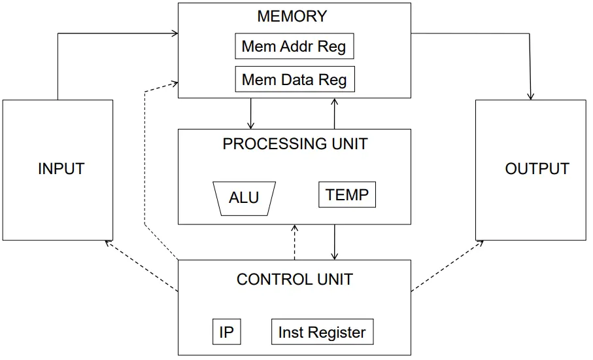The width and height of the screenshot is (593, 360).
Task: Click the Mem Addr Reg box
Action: (294, 46)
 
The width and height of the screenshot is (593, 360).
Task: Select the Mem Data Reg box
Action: (295, 79)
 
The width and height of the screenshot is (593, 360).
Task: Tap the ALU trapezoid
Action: (245, 199)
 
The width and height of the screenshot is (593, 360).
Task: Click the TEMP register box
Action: (347, 194)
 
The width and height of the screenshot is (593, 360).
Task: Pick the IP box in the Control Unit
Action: (226, 332)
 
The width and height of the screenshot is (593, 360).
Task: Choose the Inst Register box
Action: (322, 332)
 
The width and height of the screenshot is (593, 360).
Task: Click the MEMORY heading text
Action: (292, 16)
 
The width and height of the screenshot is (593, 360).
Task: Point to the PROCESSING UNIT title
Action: (295, 144)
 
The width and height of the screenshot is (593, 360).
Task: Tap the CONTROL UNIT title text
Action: (295, 279)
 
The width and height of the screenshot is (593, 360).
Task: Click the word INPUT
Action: (61, 168)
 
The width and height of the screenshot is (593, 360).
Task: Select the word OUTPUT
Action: (537, 168)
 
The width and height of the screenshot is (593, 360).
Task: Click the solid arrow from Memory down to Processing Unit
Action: (250, 114)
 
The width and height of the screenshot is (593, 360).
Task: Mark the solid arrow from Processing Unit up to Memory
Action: (334, 114)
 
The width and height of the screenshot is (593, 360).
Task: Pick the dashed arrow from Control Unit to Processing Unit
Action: (295, 242)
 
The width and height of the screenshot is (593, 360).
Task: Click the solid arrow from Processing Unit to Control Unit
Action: (334, 242)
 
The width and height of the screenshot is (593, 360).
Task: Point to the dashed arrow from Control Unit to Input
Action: (141, 266)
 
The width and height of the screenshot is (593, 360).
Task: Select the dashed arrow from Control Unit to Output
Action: (447, 266)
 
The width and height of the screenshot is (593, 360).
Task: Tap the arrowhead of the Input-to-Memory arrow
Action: (175, 33)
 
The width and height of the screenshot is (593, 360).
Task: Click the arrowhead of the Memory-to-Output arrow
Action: (531, 97)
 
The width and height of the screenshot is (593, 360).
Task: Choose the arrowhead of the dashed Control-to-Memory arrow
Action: (175, 83)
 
